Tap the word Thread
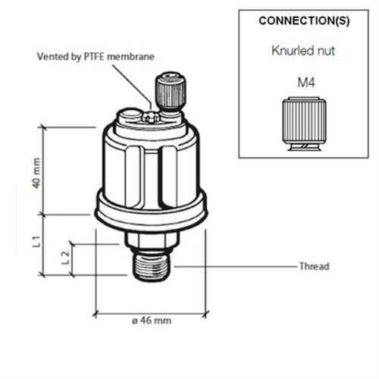tap(313, 267)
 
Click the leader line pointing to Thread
tap(235, 267)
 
